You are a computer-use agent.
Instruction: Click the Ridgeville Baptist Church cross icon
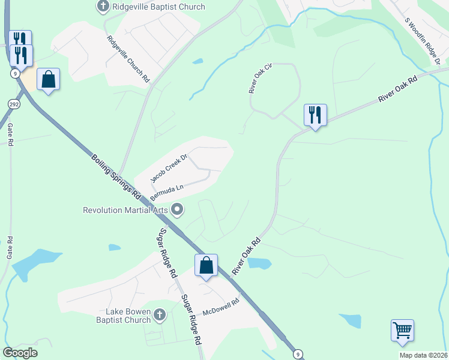click(x=103, y=7)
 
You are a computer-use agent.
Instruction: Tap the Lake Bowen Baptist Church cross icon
click(x=159, y=314)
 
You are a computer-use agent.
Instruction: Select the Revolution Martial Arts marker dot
click(x=177, y=209)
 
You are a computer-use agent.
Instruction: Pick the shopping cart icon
click(x=402, y=329)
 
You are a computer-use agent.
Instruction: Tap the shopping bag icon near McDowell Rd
click(x=206, y=265)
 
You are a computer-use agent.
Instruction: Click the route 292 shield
click(x=13, y=104)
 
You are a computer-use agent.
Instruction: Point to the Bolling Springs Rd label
click(x=116, y=177)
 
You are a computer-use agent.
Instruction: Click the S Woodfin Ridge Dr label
click(x=423, y=41)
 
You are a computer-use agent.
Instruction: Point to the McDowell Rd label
click(x=221, y=307)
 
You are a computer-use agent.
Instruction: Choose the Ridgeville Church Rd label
click(x=128, y=58)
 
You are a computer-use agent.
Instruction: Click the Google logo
click(x=20, y=353)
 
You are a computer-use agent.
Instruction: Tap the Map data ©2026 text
click(x=423, y=355)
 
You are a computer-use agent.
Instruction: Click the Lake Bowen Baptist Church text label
click(x=128, y=316)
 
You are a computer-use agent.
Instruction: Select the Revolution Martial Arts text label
click(x=125, y=210)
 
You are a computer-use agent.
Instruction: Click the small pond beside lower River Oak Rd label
click(x=259, y=263)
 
